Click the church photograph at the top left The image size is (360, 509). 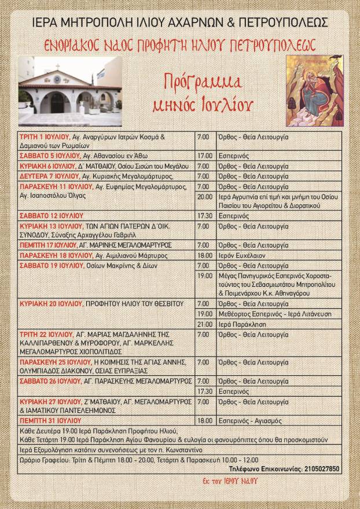click(x=70, y=91)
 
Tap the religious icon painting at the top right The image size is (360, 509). click(x=314, y=91)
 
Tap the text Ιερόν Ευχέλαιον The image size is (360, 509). click(x=238, y=256)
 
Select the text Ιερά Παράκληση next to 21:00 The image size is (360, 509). click(x=238, y=324)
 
